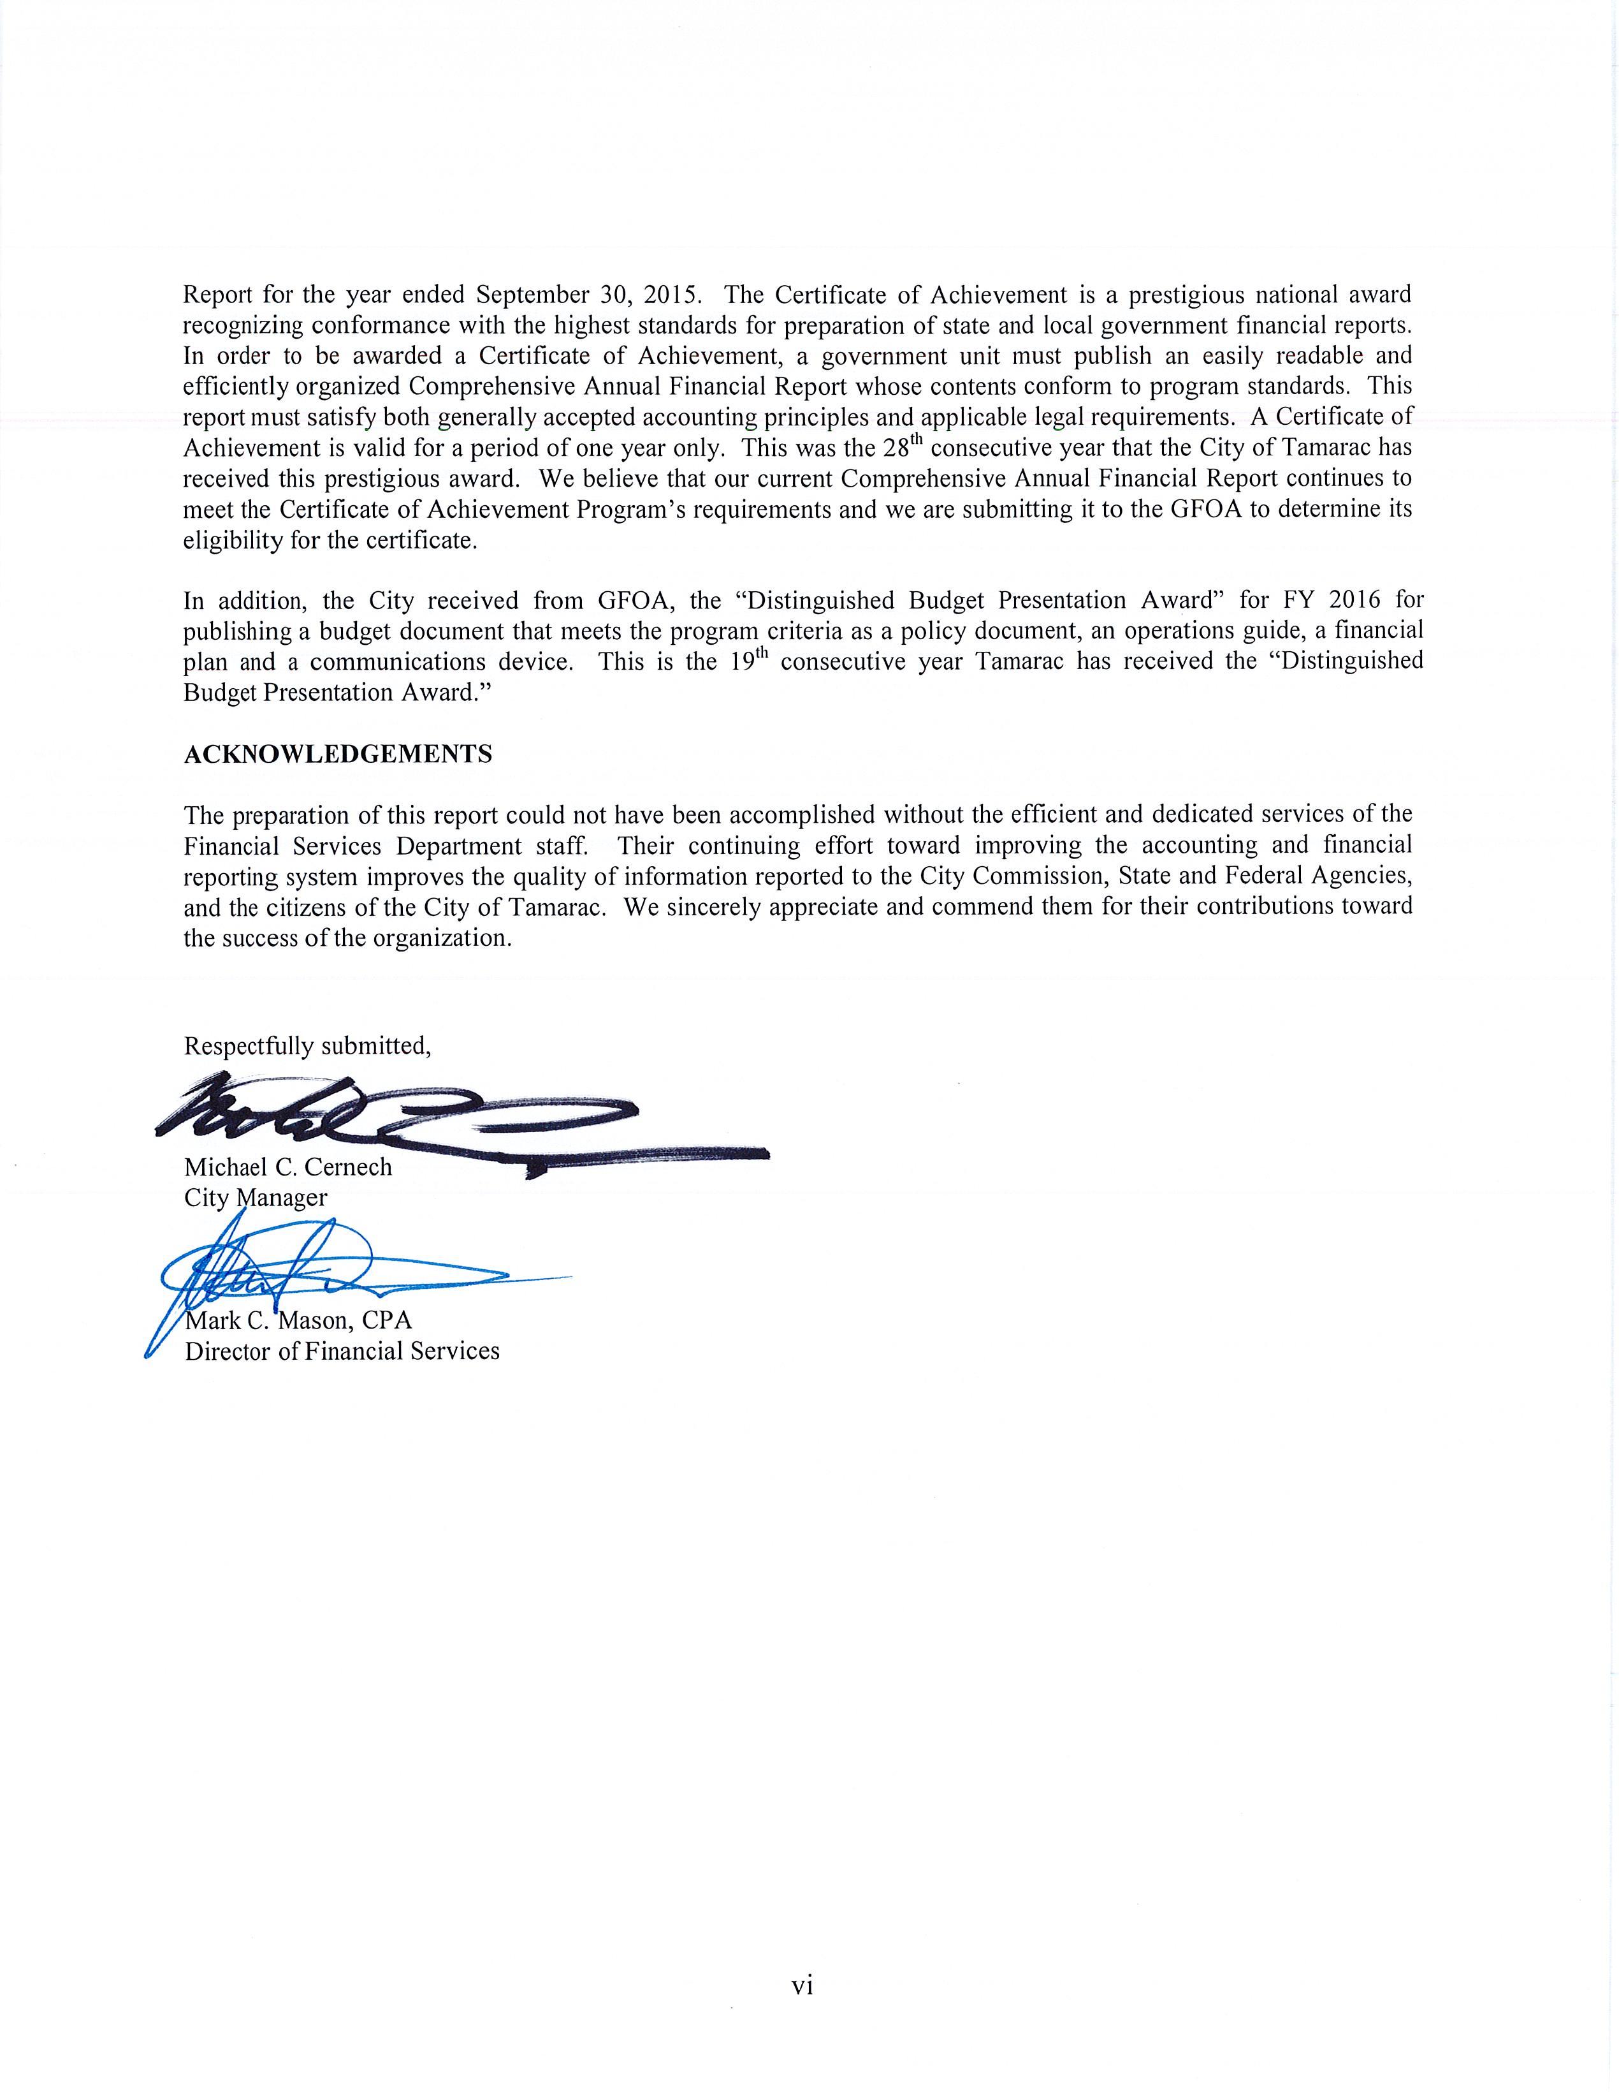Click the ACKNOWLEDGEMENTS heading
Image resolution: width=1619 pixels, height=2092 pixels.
click(x=337, y=754)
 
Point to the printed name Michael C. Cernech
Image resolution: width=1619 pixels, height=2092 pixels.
click(x=287, y=1167)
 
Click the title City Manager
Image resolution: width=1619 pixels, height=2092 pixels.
click(x=256, y=1197)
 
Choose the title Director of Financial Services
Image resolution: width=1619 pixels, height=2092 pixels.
click(x=342, y=1351)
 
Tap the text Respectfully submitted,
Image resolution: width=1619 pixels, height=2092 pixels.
click(x=307, y=1045)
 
